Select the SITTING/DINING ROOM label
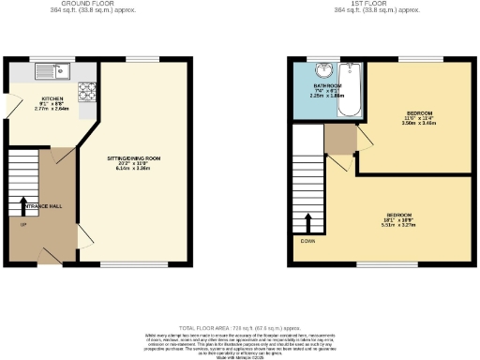click(135, 158)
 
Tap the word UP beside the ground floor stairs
click(23, 224)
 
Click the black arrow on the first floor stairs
click(307, 223)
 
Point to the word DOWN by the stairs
click(307, 241)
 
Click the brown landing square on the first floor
click(338, 139)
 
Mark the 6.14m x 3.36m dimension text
click(135, 169)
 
